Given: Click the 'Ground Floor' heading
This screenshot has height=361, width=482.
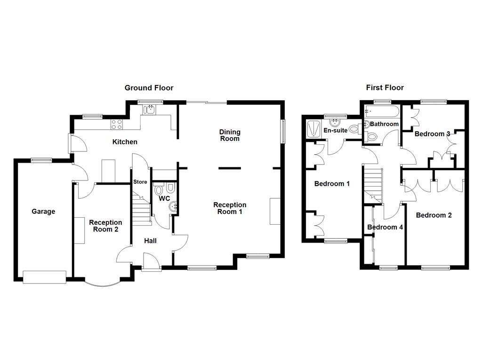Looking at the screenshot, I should click(149, 88).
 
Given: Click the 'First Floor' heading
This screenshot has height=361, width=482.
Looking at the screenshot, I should click(385, 88).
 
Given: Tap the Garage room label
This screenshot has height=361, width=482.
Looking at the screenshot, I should click(43, 212).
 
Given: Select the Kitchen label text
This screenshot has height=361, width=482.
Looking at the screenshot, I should click(125, 142).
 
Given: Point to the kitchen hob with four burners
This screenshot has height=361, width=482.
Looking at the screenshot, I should click(117, 125).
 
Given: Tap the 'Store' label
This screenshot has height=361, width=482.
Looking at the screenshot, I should click(140, 182).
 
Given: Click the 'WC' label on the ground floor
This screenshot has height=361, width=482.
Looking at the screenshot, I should click(164, 199).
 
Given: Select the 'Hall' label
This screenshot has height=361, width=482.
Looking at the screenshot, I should click(150, 241).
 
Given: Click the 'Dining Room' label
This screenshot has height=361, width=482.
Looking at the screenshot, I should click(230, 135).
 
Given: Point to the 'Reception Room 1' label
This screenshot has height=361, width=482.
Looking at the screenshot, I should click(230, 208).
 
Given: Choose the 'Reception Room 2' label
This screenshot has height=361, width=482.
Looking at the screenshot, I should click(105, 226).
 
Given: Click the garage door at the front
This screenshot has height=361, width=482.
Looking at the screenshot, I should click(45, 277).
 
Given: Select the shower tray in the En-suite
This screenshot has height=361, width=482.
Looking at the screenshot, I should click(313, 128).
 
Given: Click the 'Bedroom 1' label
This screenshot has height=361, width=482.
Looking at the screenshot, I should click(332, 184).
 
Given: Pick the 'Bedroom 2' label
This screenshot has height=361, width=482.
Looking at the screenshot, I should click(434, 215).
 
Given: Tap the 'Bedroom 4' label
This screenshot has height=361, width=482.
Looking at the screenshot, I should click(385, 228).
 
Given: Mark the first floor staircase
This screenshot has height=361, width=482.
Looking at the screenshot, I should click(374, 184).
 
